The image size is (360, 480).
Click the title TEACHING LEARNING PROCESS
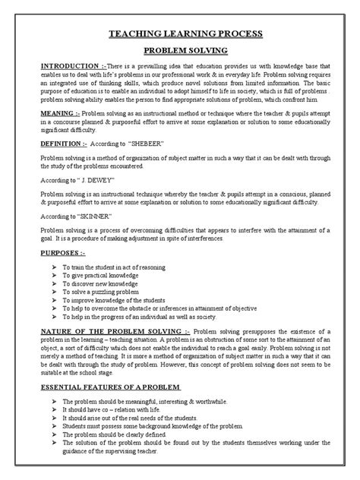(181, 34)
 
